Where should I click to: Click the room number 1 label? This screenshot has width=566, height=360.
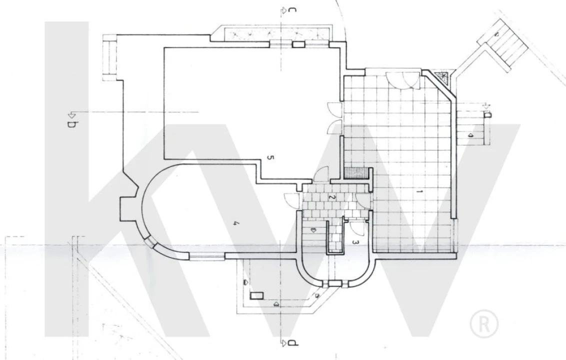click(x=419, y=191)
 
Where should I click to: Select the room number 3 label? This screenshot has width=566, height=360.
click(x=355, y=242)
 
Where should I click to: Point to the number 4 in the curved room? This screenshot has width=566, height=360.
click(x=235, y=224)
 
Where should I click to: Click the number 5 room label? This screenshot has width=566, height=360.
click(x=270, y=157)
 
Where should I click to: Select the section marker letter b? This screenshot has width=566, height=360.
click(x=71, y=124)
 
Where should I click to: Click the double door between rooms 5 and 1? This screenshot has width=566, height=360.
click(x=334, y=118)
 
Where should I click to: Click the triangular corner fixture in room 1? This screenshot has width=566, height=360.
click(x=442, y=77)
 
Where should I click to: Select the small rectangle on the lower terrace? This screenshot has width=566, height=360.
click(x=257, y=295)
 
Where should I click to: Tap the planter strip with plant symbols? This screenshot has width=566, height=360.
click(x=277, y=34)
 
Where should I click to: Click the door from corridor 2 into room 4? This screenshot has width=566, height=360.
click(x=291, y=200)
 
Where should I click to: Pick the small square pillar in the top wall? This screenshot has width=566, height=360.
click(x=298, y=44)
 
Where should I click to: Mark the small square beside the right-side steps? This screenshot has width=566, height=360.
click(x=487, y=115)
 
